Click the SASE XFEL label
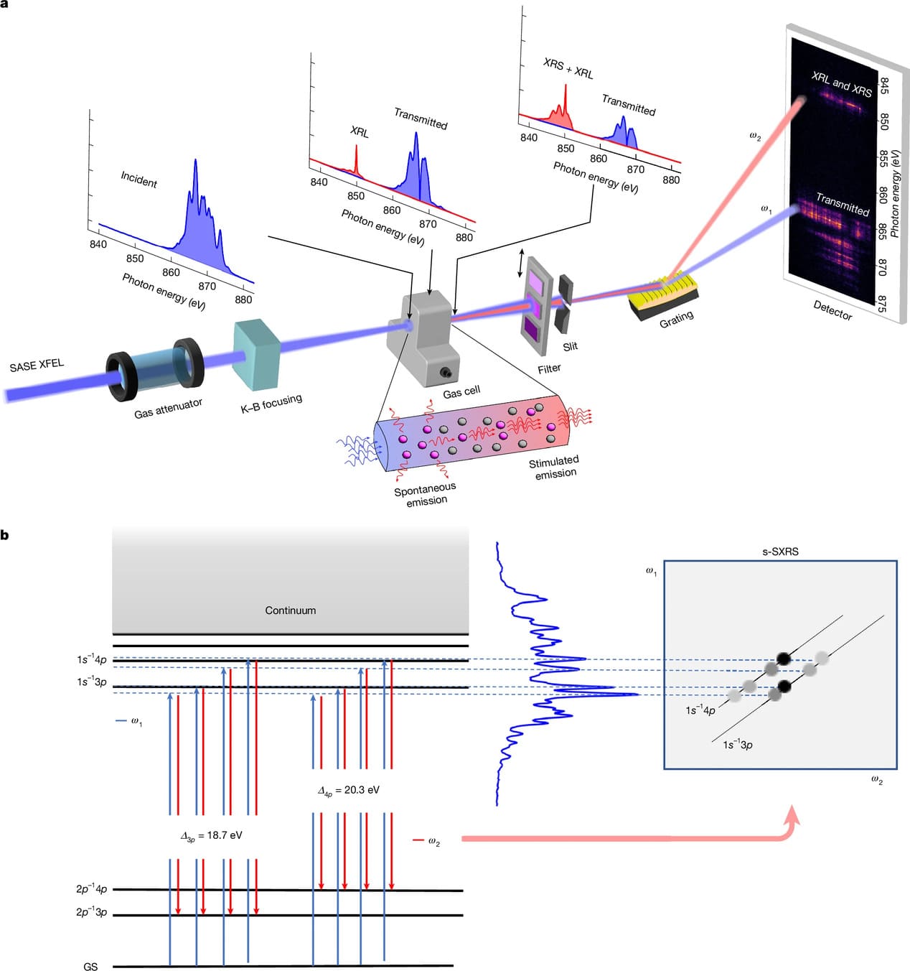coord(37,366)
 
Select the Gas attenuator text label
coord(168,408)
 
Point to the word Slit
coord(570,346)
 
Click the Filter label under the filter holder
coord(549,368)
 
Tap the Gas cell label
coord(461,392)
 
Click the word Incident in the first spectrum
coord(139,179)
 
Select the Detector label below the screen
coord(832,310)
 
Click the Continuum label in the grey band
coord(290,610)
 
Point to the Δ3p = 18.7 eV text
coord(211,836)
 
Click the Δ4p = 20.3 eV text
coord(348,790)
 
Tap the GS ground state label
coord(90,967)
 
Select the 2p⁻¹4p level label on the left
coord(91,889)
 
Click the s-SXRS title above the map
coord(780,552)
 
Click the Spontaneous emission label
coord(425,495)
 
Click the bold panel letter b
coord(5,535)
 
